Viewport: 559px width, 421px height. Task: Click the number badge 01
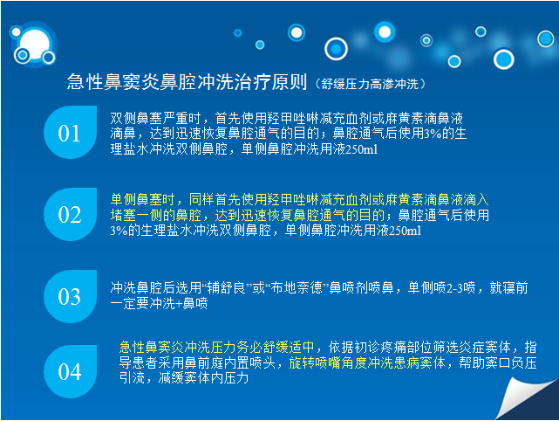pos(71,132)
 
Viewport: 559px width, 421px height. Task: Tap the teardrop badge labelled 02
pos(71,214)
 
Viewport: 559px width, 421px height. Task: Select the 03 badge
pos(71,296)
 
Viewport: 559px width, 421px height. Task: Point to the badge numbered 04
pos(71,371)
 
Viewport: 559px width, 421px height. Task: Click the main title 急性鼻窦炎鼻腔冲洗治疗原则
pos(187,82)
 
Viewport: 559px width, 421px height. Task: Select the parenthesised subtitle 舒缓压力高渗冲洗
pos(370,84)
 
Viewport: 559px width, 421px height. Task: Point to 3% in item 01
pos(433,134)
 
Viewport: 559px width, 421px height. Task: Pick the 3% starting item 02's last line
pos(119,231)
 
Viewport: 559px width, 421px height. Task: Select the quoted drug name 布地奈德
pos(297,288)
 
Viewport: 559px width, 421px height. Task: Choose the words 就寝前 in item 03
pos(508,288)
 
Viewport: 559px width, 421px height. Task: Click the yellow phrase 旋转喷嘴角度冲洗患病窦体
pos(367,362)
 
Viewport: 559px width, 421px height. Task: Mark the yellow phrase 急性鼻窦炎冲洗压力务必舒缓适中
pos(217,347)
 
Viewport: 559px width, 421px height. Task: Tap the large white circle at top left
pos(35,44)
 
